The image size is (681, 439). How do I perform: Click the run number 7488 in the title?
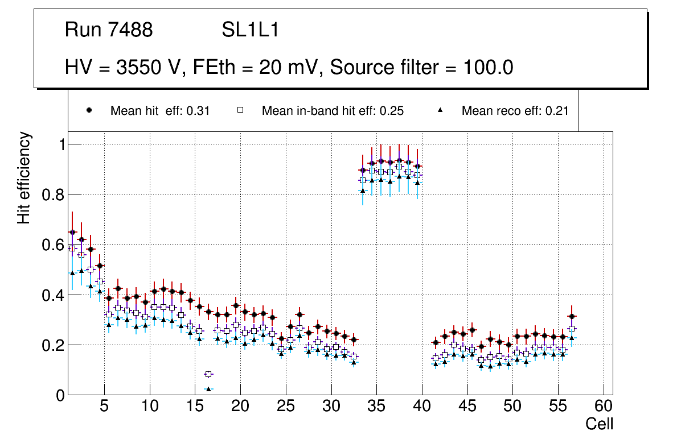coord(130,30)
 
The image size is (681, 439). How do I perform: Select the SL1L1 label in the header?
coord(250,30)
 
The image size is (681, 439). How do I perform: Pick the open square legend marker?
coord(241,111)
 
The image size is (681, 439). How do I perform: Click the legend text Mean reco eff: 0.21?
coord(515,111)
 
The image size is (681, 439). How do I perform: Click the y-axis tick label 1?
coord(59,144)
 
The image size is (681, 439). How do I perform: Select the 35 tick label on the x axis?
coord(376,407)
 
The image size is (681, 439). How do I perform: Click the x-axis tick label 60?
coord(604,407)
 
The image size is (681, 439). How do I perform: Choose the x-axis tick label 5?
coord(104,407)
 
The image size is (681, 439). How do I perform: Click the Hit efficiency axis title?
coord(24,177)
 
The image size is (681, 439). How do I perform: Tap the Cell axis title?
coord(599,424)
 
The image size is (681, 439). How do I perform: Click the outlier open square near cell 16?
coord(208,374)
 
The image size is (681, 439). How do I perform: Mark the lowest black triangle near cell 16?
coord(208,389)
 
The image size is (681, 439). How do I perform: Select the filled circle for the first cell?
coord(72,232)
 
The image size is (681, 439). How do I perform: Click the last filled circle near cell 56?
coord(572,316)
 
